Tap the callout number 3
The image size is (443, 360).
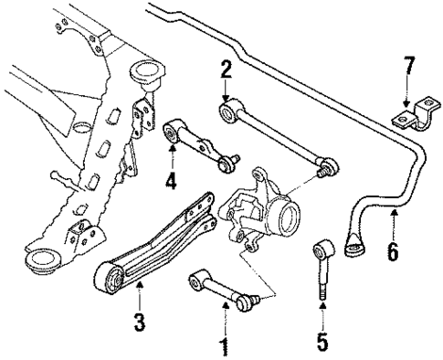tap(140, 323)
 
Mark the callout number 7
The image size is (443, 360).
tap(409, 67)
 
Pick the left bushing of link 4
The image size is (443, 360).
tap(172, 135)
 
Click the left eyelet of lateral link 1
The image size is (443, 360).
tap(195, 279)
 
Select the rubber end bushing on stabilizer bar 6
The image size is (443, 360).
tap(353, 246)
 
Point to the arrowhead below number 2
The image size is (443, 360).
tap(225, 100)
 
